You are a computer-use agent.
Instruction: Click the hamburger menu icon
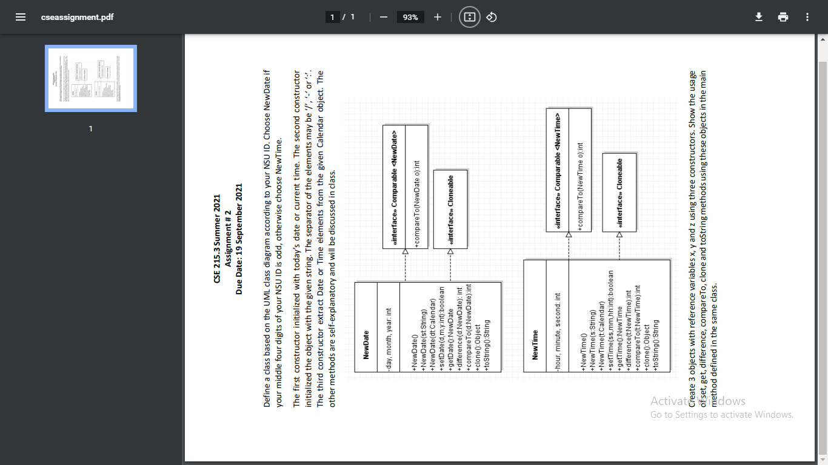coord(21,17)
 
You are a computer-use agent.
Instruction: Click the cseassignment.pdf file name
coord(77,17)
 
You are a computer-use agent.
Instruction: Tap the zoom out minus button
coord(383,17)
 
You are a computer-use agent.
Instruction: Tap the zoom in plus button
coord(438,17)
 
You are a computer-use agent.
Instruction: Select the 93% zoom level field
coord(410,17)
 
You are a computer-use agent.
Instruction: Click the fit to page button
coord(469,17)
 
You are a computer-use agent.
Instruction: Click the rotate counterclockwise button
coord(492,17)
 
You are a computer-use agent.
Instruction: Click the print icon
coord(783,17)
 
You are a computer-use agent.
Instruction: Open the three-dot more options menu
coord(807,17)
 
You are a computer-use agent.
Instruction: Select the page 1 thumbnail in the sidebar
coord(91,78)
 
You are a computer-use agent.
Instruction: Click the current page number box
coord(332,17)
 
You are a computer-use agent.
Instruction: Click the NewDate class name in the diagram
coord(366,345)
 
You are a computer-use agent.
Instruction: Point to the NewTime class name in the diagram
coord(535,345)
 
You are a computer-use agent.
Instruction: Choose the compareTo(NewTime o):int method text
coord(580,186)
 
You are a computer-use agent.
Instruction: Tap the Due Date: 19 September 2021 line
coord(239,239)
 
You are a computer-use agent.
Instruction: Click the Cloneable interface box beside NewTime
coord(619,192)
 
